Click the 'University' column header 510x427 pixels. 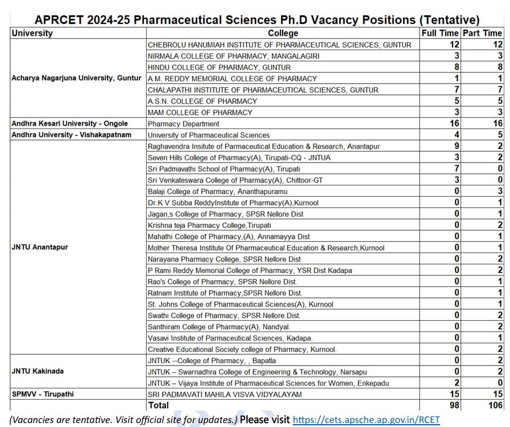[x=32, y=34]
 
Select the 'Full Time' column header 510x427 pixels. [x=440, y=34]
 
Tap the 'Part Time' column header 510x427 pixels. [x=482, y=34]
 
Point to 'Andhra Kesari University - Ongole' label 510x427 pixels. [x=70, y=123]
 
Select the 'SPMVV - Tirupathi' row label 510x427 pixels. [x=43, y=394]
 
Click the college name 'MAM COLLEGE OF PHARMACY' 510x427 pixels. [x=200, y=113]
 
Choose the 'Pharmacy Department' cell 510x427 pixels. [x=183, y=123]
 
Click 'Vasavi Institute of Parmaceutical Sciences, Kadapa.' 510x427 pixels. [x=230, y=338]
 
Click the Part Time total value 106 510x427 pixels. [x=495, y=405]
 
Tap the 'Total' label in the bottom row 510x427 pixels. [x=158, y=405]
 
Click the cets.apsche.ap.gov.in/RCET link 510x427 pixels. [x=366, y=420]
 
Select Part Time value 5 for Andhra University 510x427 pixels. [x=499, y=135]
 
